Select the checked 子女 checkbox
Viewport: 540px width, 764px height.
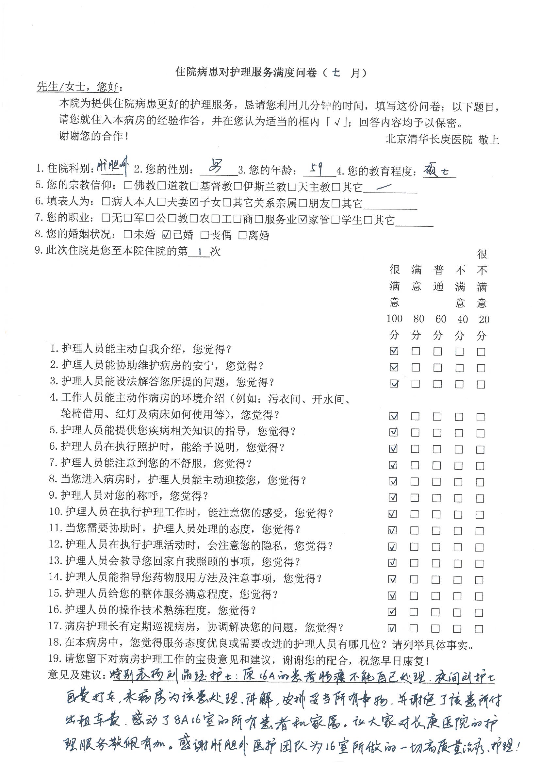pos(194,202)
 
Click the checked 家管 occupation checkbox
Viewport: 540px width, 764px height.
pos(303,219)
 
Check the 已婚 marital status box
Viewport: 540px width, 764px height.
pos(166,235)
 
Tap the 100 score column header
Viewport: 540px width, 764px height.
pos(395,319)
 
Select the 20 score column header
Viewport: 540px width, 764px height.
pos(483,319)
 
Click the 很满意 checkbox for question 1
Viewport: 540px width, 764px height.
pos(394,351)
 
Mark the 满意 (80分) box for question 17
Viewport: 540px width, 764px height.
pos(414,628)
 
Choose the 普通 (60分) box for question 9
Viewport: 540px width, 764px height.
pos(436,498)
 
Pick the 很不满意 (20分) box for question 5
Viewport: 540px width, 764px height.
pos(480,433)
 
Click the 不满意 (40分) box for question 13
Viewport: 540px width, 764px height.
pos(458,563)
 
